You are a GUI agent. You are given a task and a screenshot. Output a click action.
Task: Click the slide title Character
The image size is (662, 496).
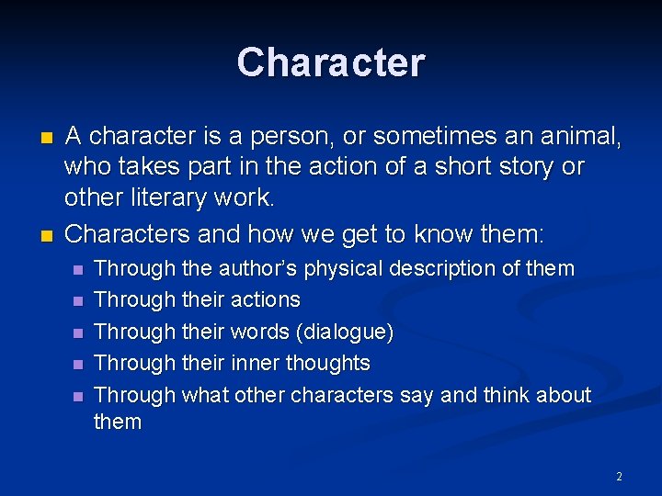coord(331,63)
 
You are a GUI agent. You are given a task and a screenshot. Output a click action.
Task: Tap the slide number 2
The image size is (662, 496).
coord(619,477)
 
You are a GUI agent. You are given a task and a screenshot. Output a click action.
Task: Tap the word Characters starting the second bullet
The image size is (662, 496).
coord(128,234)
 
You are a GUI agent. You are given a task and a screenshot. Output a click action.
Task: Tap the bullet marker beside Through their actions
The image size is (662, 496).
coord(77,301)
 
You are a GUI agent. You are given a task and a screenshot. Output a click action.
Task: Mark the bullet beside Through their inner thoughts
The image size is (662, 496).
coord(77,365)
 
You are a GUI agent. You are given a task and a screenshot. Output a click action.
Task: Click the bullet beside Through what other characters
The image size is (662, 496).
coord(77,396)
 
